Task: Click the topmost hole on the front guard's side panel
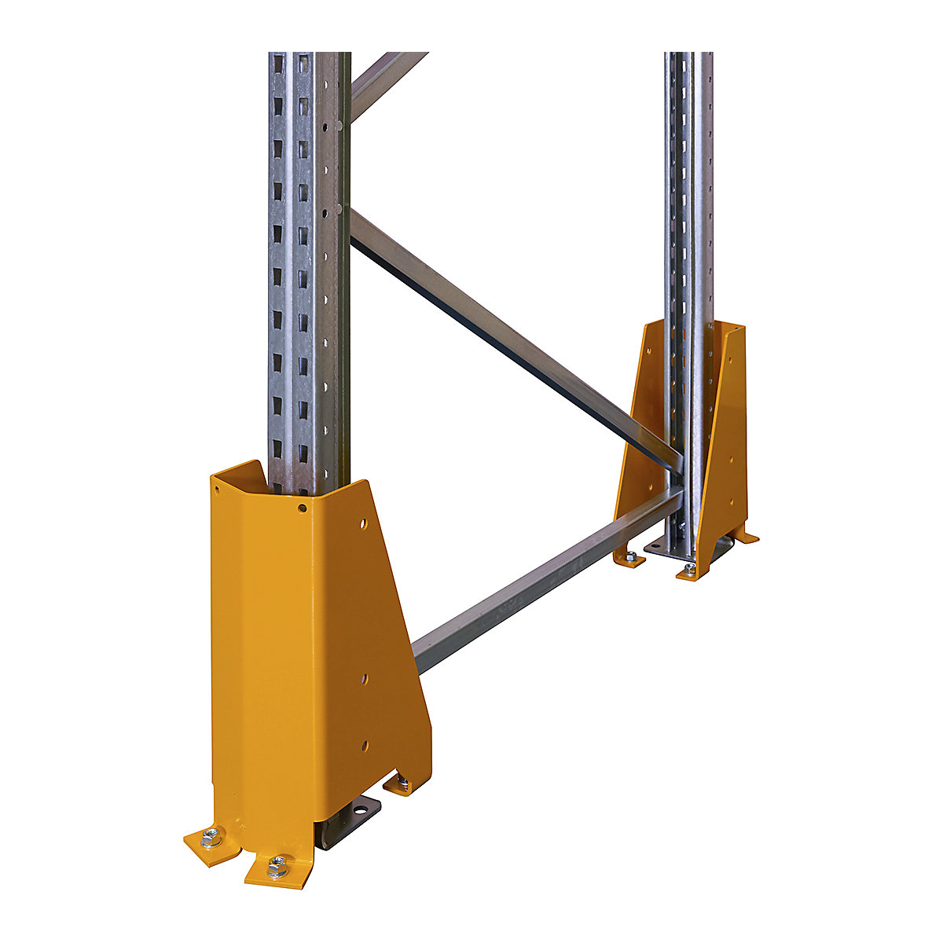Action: (363, 522)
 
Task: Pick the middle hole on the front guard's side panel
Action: (363, 675)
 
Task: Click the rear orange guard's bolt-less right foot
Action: (745, 538)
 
